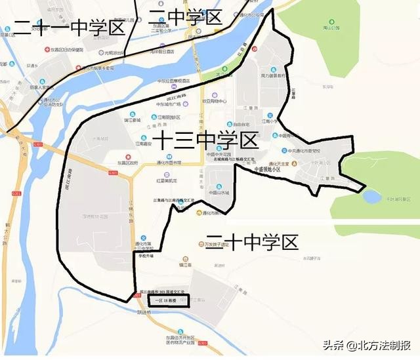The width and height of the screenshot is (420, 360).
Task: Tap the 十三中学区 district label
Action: (206, 140)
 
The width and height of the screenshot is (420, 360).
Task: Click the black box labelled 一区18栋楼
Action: (169, 300)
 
